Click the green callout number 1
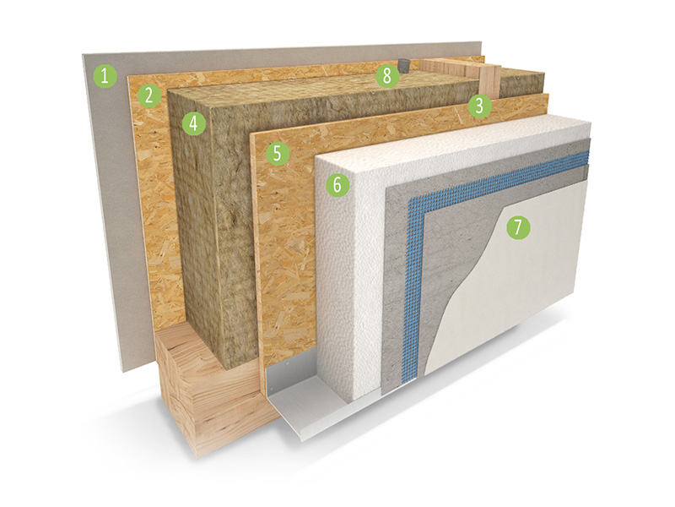pos(105,76)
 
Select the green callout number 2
pos(148,95)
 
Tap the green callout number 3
pos(479,106)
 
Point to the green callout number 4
pos(194,123)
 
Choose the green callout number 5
pos(277,154)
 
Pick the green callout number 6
pos(337,185)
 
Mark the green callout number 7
pos(518,227)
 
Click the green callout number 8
pos(387,76)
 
